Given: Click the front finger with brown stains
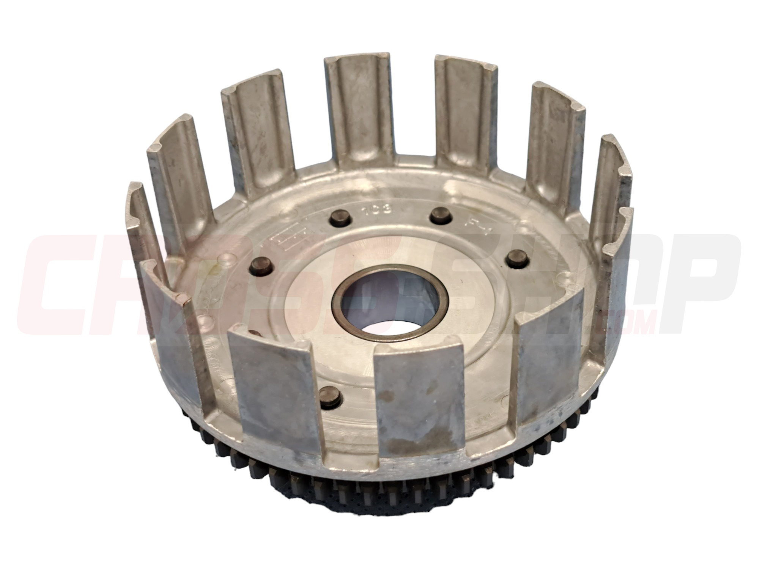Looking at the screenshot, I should [417, 402].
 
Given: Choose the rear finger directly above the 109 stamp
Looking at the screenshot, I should [357, 110].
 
